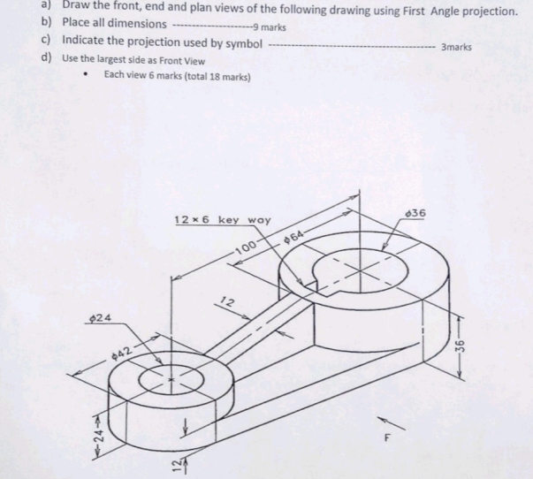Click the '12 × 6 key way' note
point(223,219)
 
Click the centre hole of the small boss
point(172,381)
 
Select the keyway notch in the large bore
point(308,283)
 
